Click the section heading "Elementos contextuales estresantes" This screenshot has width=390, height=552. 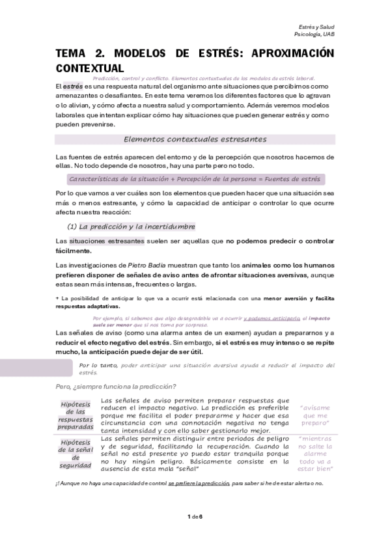click(x=195, y=139)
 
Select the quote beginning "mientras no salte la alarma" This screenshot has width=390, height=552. click(x=314, y=453)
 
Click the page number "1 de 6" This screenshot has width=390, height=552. click(x=195, y=516)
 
